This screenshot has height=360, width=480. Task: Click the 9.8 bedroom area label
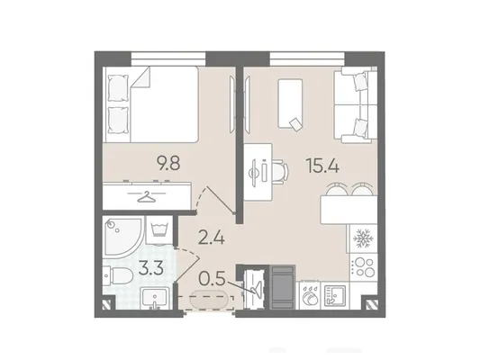click(168, 162)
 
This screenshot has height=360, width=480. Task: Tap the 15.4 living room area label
click(322, 166)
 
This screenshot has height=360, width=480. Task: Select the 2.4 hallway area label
click(212, 238)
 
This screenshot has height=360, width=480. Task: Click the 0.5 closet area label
click(212, 278)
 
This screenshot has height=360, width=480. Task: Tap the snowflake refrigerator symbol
click(363, 238)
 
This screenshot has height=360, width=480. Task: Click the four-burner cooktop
click(363, 267)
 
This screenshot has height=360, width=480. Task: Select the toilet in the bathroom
click(118, 275)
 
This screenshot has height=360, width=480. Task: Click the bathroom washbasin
click(155, 298)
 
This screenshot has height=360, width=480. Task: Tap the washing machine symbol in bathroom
click(160, 230)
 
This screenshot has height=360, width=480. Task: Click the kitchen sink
click(335, 295)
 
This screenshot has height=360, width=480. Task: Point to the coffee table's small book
click(295, 124)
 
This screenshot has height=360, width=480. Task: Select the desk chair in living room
click(280, 173)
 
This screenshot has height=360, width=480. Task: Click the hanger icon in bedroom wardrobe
click(147, 197)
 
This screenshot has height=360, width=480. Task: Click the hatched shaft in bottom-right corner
click(370, 304)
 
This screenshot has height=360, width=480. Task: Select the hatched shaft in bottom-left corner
click(108, 304)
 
